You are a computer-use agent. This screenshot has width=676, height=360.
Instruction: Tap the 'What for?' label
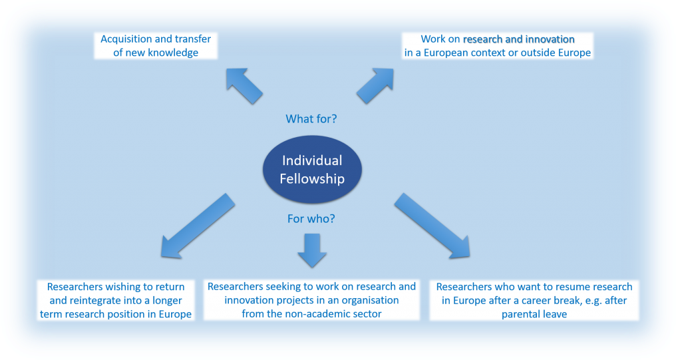[311, 119]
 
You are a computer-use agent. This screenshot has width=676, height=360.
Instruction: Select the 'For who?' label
[311, 218]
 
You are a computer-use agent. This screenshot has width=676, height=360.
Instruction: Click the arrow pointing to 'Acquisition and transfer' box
[244, 85]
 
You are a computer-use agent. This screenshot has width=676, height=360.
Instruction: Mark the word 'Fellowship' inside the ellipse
[312, 178]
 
